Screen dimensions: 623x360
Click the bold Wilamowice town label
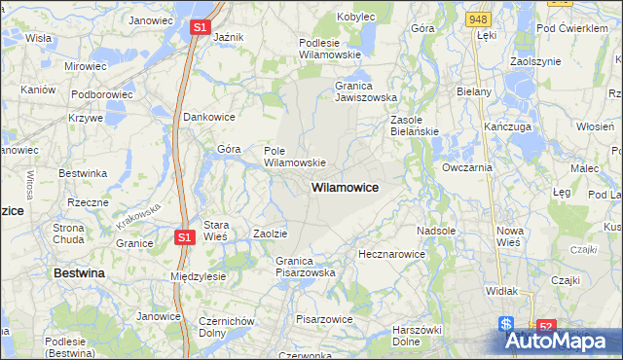click(x=345, y=186)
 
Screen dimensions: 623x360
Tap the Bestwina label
click(x=79, y=274)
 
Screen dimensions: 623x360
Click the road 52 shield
click(x=546, y=327)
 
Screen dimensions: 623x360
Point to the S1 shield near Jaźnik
click(x=198, y=27)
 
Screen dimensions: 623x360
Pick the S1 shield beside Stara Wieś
click(x=185, y=236)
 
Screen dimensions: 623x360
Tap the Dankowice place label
click(x=209, y=117)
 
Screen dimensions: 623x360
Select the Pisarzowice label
click(x=323, y=318)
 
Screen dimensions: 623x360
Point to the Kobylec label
click(x=356, y=17)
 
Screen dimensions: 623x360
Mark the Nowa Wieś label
click(x=510, y=236)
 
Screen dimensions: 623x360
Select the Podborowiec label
click(x=100, y=93)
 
